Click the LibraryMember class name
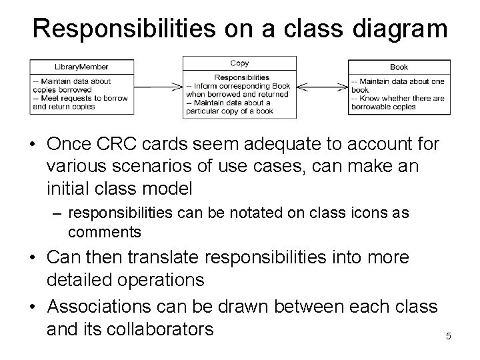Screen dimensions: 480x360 pyautogui.click(x=81, y=67)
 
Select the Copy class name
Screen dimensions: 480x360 pyautogui.click(x=239, y=63)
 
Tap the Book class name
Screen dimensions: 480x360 pyautogui.click(x=399, y=67)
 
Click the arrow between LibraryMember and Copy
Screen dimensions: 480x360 pyautogui.click(x=159, y=86)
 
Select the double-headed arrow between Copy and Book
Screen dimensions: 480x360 pyautogui.click(x=322, y=86)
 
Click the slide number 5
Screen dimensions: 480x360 pyautogui.click(x=448, y=336)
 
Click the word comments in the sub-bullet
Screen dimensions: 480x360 pyautogui.click(x=105, y=232)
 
